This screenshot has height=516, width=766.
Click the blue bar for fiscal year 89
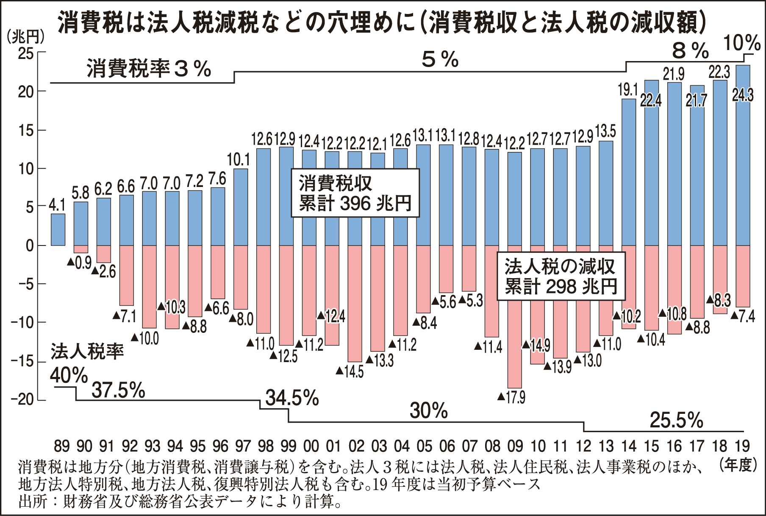58,229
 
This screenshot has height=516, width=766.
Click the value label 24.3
743,95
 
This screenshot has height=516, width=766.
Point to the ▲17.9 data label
511,397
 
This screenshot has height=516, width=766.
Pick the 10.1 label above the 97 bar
239,160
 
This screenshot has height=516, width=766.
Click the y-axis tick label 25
25,53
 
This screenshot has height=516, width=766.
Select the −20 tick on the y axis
23,400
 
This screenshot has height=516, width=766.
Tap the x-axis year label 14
629,446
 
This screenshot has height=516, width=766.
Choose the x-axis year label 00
311,446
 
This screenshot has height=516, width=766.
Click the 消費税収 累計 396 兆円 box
355,193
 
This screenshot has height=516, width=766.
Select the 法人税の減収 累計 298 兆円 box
561,277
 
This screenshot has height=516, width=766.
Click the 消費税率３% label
149,69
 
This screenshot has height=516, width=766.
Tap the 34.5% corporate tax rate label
292,398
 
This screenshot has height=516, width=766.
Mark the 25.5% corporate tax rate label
676,421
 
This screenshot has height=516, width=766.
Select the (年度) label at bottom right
738,465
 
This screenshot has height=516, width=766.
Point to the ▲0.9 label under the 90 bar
80,263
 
